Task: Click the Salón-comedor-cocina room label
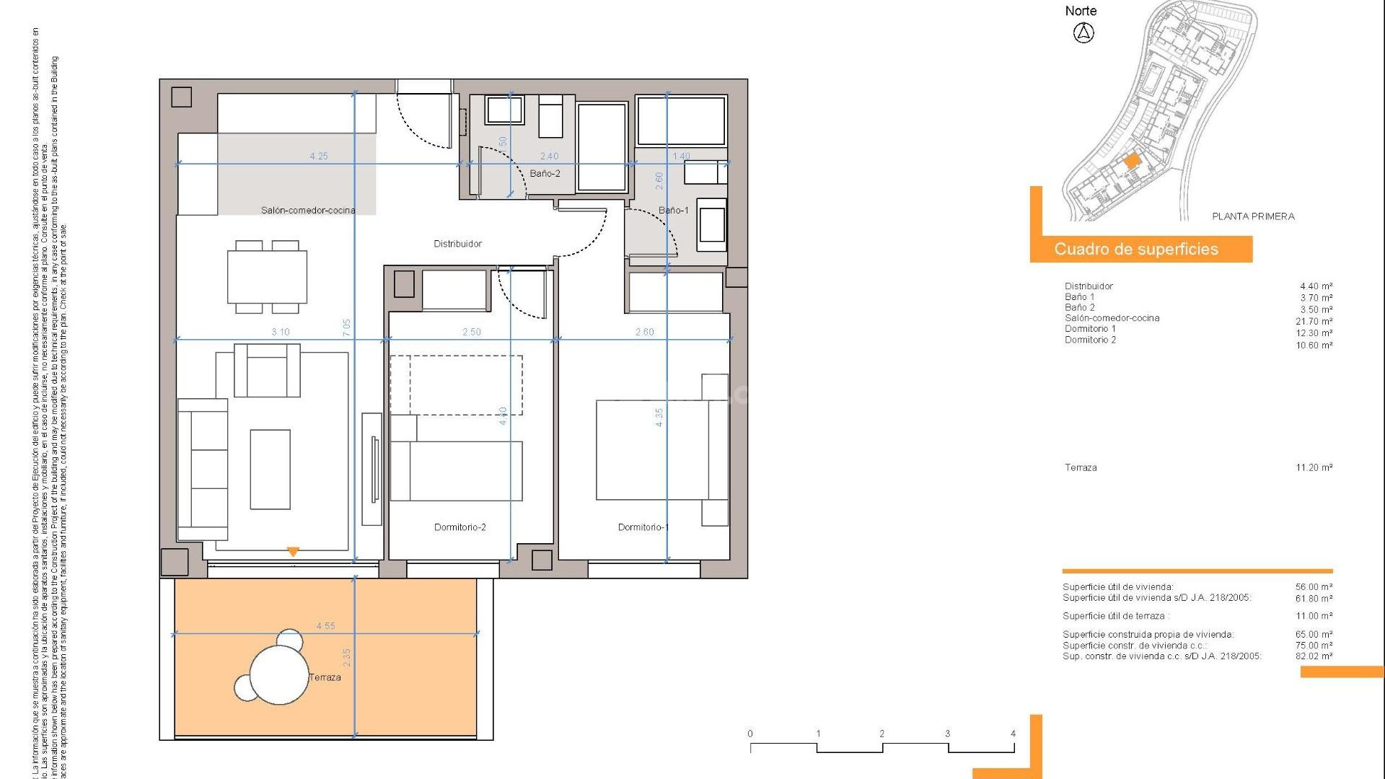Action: click(x=308, y=211)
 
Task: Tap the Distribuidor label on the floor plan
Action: click(x=457, y=244)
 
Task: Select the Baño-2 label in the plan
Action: click(x=545, y=174)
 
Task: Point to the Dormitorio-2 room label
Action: click(x=460, y=527)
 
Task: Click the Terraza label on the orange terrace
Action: click(x=325, y=677)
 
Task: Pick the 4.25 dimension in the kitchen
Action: click(x=319, y=156)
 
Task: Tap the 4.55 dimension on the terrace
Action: click(x=325, y=626)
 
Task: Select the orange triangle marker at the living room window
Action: click(x=293, y=552)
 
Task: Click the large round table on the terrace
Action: click(x=279, y=675)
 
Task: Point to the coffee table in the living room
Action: click(x=271, y=470)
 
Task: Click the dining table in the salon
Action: click(x=268, y=277)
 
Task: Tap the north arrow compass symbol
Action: click(x=1083, y=32)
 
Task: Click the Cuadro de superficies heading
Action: click(x=1136, y=250)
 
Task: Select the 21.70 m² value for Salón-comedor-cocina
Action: click(x=1314, y=322)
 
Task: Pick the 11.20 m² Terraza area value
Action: click(x=1314, y=467)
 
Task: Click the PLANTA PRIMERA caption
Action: click(x=1253, y=216)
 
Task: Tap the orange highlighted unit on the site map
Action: click(x=1131, y=161)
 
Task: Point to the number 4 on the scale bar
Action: click(x=1013, y=734)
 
